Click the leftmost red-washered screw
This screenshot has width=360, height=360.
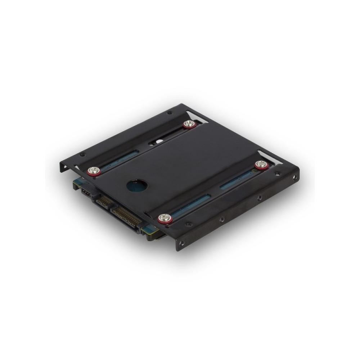(94, 170)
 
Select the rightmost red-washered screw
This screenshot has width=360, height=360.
(262, 165)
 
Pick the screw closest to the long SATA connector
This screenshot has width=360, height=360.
(165, 217)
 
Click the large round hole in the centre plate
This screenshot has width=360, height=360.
(137, 186)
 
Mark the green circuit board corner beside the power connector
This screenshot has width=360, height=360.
(148, 230)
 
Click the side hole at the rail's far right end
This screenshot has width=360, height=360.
(295, 177)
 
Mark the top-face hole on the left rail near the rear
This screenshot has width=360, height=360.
(170, 113)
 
